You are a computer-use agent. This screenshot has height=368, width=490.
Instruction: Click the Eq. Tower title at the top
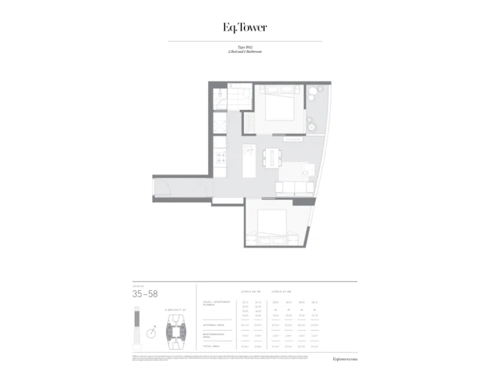tap(244, 28)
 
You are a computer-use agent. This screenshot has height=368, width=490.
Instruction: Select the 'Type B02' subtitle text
tap(244, 47)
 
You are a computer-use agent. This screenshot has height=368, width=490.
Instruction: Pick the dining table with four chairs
tap(270, 158)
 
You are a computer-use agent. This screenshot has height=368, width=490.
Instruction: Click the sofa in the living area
tap(295, 188)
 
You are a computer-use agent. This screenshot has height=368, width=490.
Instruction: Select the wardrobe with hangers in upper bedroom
tap(249, 123)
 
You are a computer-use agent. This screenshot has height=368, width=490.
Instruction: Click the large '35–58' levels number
tap(145, 294)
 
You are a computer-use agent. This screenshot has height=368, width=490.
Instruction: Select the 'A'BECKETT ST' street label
tap(175, 311)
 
